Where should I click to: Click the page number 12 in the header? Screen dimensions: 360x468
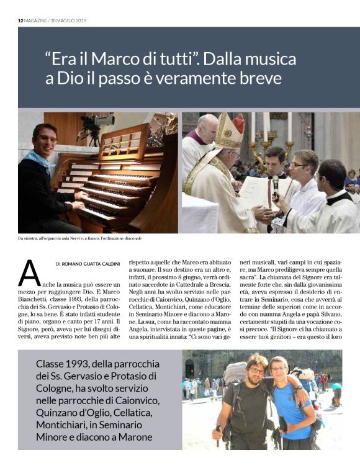(20, 20)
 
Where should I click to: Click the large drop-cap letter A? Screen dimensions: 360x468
(30, 274)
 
